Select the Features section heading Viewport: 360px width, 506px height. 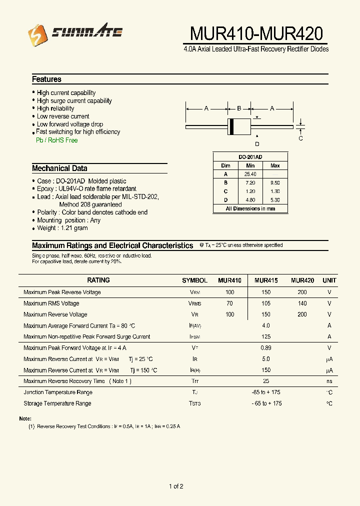pos(46,79)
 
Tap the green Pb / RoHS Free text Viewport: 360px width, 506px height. pos(57,140)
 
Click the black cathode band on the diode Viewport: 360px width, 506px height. pos(231,127)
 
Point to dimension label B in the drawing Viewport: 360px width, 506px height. pos(239,108)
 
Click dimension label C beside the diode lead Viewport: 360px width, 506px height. pos(300,138)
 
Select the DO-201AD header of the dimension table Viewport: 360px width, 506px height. pos(250,157)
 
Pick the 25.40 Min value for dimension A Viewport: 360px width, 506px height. pos(250,174)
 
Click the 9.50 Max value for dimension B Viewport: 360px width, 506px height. pos(275,183)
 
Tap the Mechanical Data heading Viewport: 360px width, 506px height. pos(59,168)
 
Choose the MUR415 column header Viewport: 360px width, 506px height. pos(266,280)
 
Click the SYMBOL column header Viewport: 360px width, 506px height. pos(194,280)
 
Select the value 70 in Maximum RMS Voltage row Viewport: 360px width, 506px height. pos(229,303)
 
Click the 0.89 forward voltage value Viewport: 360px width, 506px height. pos(266,348)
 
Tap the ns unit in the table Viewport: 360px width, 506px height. pos(329,381)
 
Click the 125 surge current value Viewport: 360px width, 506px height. pos(266,337)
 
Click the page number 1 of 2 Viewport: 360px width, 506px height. pos(176,486)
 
